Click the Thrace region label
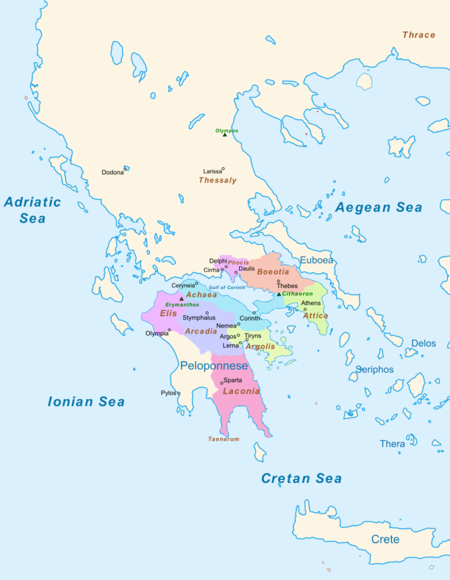[418, 35]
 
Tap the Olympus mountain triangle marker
[224, 135]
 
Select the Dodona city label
[112, 173]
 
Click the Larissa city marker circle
[223, 169]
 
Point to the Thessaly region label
[217, 180]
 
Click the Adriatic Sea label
[32, 210]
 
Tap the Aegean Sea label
[379, 207]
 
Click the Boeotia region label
[273, 272]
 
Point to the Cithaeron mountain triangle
[279, 294]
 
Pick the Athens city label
[311, 303]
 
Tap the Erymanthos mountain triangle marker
[181, 299]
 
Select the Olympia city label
[156, 334]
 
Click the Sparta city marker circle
[221, 383]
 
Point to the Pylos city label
[168, 393]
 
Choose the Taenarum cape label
[223, 439]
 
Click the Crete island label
[385, 539]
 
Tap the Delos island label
[423, 343]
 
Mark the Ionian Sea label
[86, 401]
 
